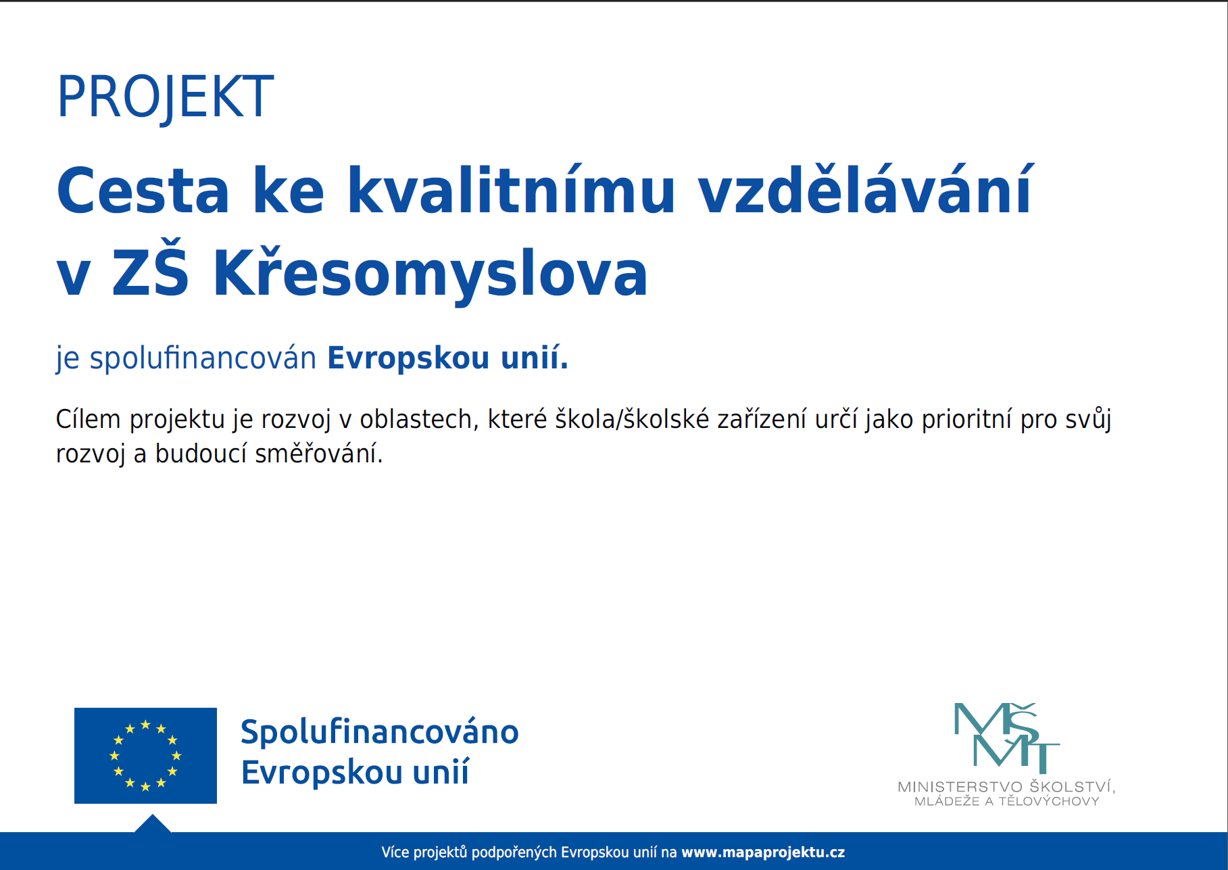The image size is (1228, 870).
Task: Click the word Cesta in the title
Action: coord(143,191)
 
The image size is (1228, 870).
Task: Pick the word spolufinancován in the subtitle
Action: coord(203,358)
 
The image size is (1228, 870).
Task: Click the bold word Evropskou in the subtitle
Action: coord(408,358)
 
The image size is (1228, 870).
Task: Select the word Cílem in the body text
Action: coord(88,419)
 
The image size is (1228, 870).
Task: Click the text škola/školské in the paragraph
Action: coord(632,419)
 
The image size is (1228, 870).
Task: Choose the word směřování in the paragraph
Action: coord(319,454)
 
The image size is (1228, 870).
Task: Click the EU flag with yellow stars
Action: coord(145,755)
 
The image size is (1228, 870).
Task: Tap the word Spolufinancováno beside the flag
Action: coord(380,732)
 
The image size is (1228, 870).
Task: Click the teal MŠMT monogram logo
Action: coord(1006,738)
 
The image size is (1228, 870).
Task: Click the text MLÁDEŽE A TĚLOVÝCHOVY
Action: coord(1007,801)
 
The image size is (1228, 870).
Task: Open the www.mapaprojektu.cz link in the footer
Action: coord(763,852)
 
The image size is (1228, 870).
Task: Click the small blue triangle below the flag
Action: coord(153,825)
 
